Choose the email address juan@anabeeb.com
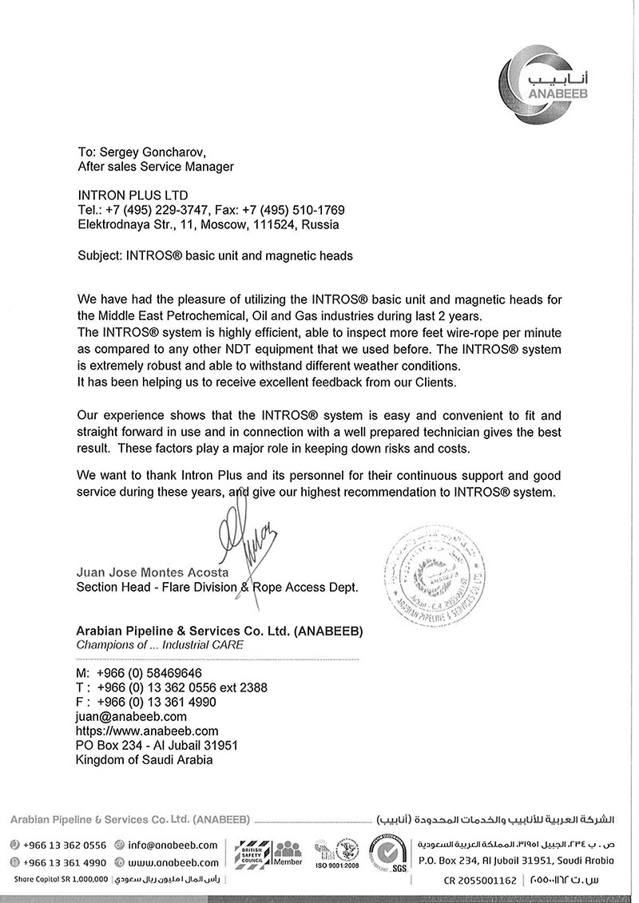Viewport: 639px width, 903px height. coord(131,716)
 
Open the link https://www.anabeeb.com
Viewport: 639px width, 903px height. coord(147,731)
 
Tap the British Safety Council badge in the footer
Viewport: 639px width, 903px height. coord(247,852)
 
